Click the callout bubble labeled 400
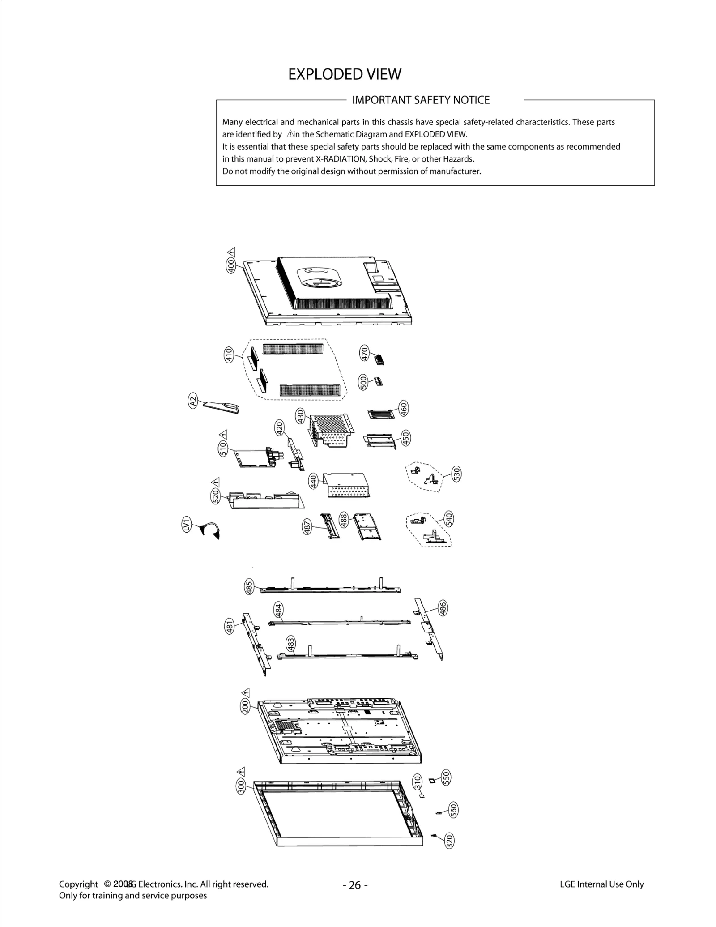coord(231,265)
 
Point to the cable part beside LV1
coord(211,531)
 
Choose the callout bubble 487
coord(307,526)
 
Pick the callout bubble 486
coord(443,609)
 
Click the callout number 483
coord(291,644)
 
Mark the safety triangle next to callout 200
coord(246,691)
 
